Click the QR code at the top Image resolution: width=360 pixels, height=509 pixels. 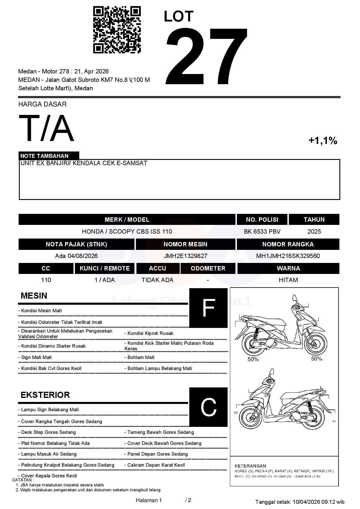tap(117, 30)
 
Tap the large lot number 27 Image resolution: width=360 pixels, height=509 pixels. tap(207, 57)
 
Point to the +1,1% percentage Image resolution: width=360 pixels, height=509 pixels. tap(323, 141)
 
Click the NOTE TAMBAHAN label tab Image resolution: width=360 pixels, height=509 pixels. tap(44, 156)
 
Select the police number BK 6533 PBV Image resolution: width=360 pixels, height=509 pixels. tap(262, 232)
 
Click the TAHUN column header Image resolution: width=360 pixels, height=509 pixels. tap(314, 220)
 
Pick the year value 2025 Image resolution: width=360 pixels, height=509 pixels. tap(314, 232)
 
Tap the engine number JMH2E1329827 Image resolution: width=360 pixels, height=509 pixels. tap(186, 256)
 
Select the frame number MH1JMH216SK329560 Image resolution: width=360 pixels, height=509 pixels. tap(288, 256)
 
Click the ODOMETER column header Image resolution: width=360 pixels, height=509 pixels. tap(208, 268)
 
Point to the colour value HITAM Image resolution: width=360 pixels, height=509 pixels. tap(288, 280)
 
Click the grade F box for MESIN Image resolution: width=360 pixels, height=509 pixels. tap(208, 308)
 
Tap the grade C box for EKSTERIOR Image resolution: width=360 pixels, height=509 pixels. tap(208, 407)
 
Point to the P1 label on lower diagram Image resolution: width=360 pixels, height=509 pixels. tap(334, 422)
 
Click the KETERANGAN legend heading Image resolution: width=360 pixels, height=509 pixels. tap(250, 466)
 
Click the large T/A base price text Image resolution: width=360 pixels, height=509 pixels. tap(46, 129)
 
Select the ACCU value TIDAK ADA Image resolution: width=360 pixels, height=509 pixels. tap(157, 280)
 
